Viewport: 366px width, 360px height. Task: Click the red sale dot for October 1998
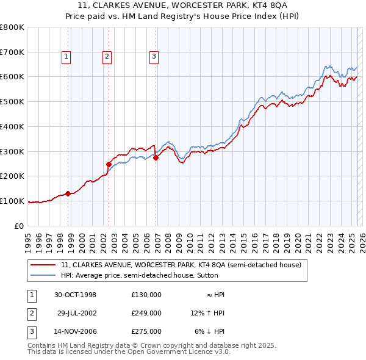[68, 193]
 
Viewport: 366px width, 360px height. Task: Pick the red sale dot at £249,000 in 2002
[109, 164]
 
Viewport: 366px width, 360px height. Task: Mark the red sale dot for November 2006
[156, 157]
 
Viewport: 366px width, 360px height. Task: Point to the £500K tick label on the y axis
[12, 102]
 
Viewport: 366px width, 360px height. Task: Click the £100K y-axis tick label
[12, 201]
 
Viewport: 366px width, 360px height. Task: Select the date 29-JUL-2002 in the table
[77, 313]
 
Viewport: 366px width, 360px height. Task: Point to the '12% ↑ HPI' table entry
[207, 313]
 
